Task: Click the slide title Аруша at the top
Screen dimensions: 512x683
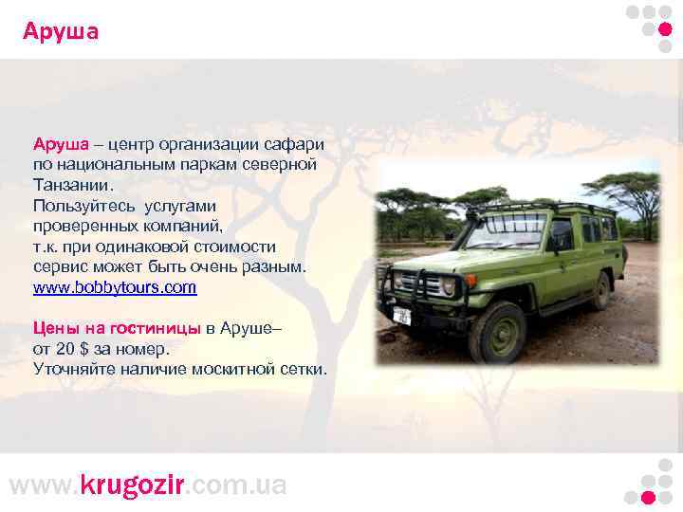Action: click(x=61, y=32)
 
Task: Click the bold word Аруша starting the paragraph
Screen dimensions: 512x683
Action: click(x=61, y=144)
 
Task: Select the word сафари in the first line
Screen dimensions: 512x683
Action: click(x=295, y=144)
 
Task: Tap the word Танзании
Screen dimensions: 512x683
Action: click(x=72, y=185)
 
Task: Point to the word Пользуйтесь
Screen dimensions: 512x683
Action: click(x=84, y=206)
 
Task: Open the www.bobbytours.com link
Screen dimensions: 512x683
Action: click(x=115, y=286)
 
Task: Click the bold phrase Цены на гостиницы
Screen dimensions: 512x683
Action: click(x=117, y=328)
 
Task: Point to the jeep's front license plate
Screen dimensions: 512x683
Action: click(x=402, y=315)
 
